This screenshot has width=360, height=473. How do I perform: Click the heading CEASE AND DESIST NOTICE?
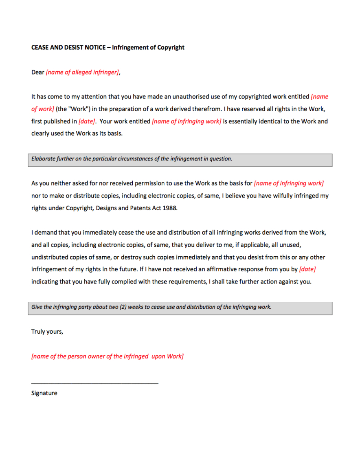(68, 48)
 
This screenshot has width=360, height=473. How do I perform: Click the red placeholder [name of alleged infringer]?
(83, 73)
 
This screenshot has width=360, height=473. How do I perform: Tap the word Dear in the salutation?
(38, 73)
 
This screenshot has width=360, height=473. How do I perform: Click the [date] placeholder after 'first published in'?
(86, 121)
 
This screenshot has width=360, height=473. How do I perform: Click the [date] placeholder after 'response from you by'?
(307, 270)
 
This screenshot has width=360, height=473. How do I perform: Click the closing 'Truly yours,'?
(47, 332)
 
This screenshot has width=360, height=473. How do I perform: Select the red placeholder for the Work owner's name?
(108, 356)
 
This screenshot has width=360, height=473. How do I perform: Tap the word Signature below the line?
(44, 394)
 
